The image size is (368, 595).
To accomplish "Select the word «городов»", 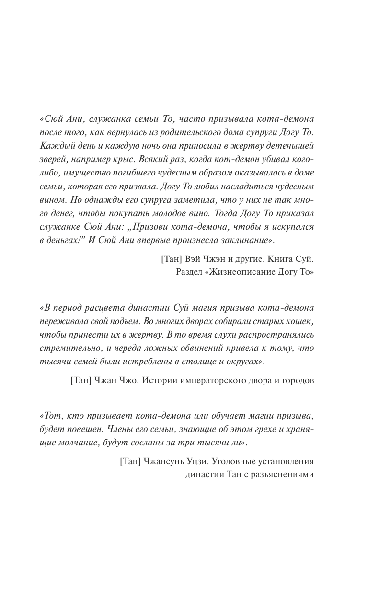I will click(297, 381).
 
